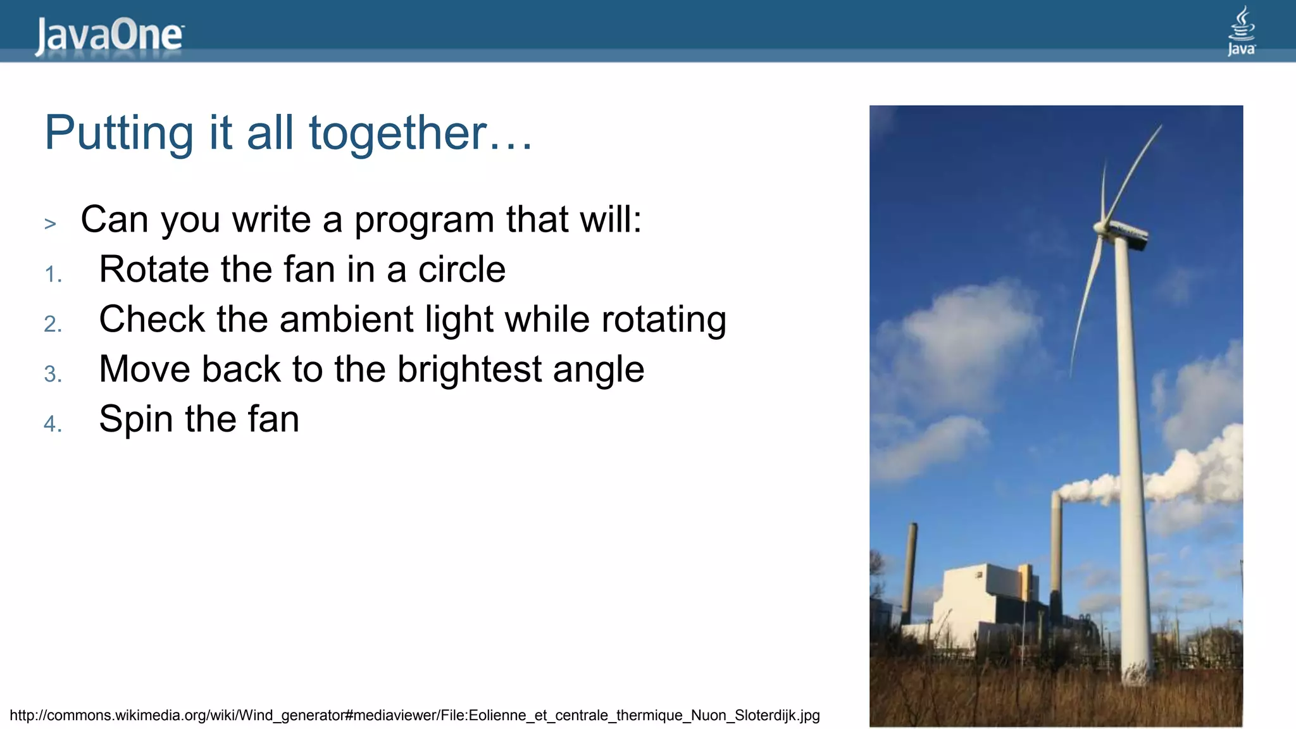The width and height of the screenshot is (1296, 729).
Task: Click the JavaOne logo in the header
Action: [x=109, y=35]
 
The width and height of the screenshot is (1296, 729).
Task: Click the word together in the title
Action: [x=397, y=133]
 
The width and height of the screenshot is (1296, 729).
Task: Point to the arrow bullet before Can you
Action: [x=51, y=223]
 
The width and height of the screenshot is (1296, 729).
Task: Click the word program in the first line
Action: [x=424, y=220]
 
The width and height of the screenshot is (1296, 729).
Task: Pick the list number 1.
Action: [x=53, y=275]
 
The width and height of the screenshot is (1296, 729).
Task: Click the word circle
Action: [x=461, y=270]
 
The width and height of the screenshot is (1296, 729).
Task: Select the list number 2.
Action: [x=53, y=325]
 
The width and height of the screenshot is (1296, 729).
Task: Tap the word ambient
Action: [x=346, y=319]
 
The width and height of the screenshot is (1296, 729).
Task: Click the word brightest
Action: [x=470, y=370]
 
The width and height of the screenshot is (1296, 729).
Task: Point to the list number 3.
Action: [x=53, y=375]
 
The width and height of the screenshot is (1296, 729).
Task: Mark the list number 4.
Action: [x=53, y=424]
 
